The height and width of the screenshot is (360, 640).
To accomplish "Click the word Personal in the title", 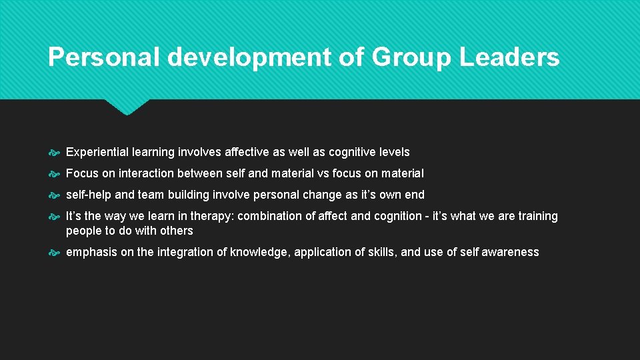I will point(104,58).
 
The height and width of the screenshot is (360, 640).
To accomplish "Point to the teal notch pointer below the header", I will point(127,107).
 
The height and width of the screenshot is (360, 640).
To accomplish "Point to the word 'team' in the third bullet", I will point(151,195).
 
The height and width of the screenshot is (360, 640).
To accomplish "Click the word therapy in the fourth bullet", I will point(213,216).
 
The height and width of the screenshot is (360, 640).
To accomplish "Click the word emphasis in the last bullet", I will point(91,252).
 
